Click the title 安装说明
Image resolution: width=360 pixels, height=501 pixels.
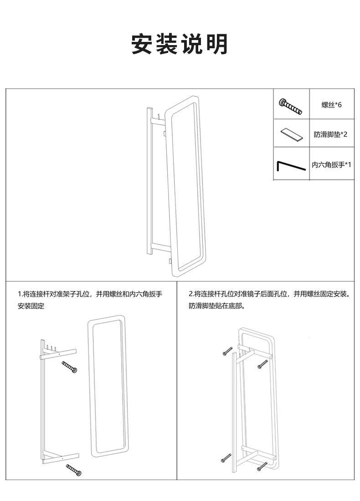180,45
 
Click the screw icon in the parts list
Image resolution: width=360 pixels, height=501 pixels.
290,105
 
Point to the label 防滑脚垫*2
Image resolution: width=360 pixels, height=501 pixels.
331,134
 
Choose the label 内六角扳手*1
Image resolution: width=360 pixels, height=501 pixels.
331,164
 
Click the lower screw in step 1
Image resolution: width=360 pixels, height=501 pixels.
74,470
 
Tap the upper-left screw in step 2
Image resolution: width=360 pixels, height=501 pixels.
228,351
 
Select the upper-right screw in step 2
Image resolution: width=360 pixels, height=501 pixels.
262,363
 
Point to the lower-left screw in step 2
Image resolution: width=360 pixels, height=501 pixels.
226,458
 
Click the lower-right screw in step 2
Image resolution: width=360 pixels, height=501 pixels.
262,466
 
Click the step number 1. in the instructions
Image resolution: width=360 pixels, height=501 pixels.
20,294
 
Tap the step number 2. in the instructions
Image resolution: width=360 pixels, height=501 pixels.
191,294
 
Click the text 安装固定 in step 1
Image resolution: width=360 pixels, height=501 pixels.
31,306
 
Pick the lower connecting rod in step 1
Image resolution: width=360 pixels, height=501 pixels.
61,457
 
